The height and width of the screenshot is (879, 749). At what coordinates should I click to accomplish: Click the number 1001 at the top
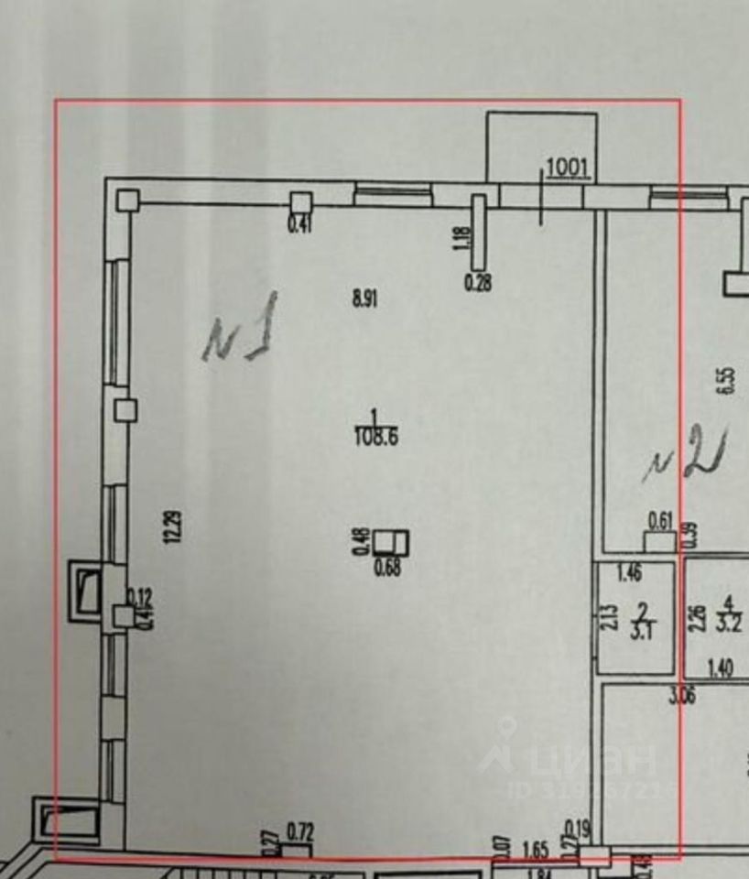coord(570,168)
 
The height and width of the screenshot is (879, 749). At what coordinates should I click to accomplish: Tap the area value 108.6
coord(375,437)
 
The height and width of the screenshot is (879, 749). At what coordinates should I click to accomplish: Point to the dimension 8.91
coord(365,298)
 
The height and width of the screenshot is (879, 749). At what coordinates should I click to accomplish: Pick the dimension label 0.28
coord(478,283)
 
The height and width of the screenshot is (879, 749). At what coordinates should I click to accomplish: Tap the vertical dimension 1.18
coord(461,244)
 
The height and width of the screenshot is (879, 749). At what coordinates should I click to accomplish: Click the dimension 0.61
coord(660,521)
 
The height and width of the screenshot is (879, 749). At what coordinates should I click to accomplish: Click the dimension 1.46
coord(628,575)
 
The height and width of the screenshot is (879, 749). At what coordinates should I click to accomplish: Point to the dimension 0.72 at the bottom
coord(300,832)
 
